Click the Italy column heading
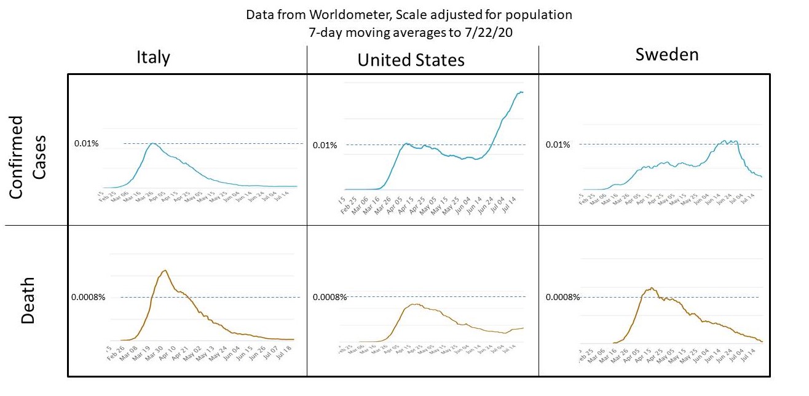pos(153,57)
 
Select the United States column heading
pos(411,60)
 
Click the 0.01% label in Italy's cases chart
pos(87,144)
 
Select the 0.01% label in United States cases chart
pos(325,145)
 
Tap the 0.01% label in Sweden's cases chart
pos(558,145)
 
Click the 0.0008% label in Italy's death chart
pos(89,297)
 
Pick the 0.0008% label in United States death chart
pos(330,297)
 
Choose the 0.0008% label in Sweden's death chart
pos(562,297)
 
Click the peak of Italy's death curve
pos(165,271)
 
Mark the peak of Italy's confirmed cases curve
pos(152,143)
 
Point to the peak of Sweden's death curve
pos(652,288)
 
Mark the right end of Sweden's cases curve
pos(762,177)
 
